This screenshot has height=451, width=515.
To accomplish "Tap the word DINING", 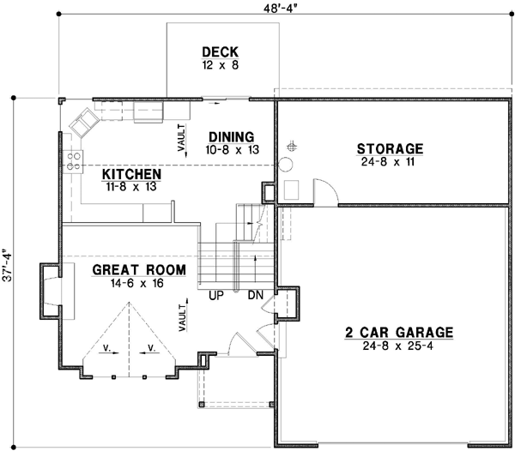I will tap(231, 136).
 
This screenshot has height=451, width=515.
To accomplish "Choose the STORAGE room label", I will tap(391, 148).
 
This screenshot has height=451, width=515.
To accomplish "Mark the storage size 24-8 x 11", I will tap(391, 162).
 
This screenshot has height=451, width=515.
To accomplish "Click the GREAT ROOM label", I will tap(139, 270).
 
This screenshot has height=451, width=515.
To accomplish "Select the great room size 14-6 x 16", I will tap(139, 283).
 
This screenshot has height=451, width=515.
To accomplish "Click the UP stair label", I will tap(217, 295).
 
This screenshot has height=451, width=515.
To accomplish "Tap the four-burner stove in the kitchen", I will tap(74, 161).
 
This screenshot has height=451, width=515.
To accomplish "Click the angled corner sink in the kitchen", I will tap(86, 123).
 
